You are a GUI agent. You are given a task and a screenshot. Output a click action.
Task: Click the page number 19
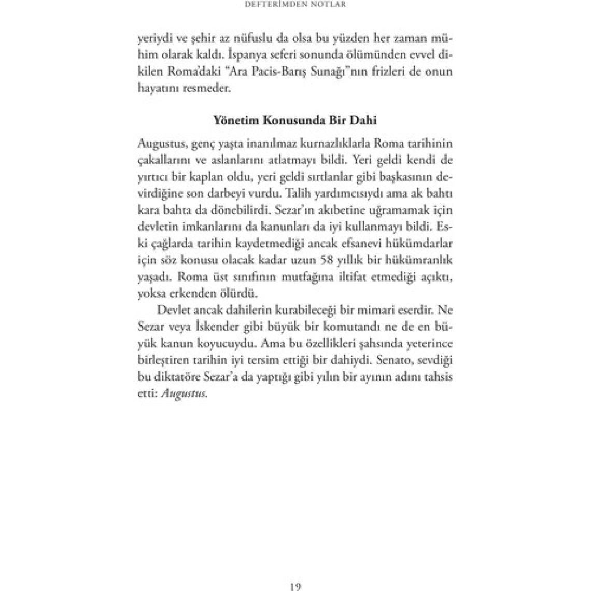point(295,586)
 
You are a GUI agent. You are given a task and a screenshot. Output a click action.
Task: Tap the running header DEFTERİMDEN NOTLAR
point(295,4)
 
